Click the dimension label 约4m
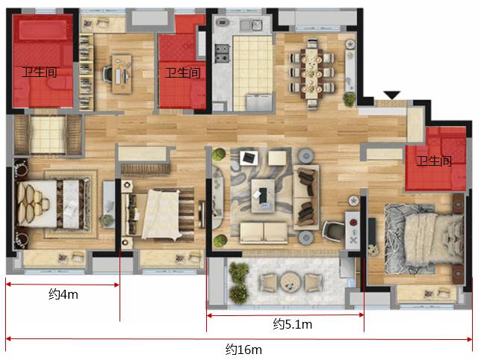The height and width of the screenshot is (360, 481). [63, 294]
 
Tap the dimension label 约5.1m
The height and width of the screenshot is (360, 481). [292, 324]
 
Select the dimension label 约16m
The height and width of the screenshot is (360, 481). [243, 350]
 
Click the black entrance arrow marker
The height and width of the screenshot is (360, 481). [391, 95]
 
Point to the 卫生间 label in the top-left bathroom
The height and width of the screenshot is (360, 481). [40, 72]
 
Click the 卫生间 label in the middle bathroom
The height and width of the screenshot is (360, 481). [183, 72]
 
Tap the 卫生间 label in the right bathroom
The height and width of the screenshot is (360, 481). [434, 161]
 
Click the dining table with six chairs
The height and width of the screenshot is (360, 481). [311, 74]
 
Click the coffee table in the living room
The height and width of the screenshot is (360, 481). [263, 196]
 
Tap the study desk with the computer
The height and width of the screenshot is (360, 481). [122, 74]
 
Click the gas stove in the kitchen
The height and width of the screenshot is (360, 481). [223, 53]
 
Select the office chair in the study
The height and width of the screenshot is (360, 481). [108, 74]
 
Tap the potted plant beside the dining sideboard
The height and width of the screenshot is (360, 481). [349, 99]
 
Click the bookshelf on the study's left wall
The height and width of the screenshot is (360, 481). [86, 72]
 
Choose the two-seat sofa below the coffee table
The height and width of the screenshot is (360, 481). [264, 232]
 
